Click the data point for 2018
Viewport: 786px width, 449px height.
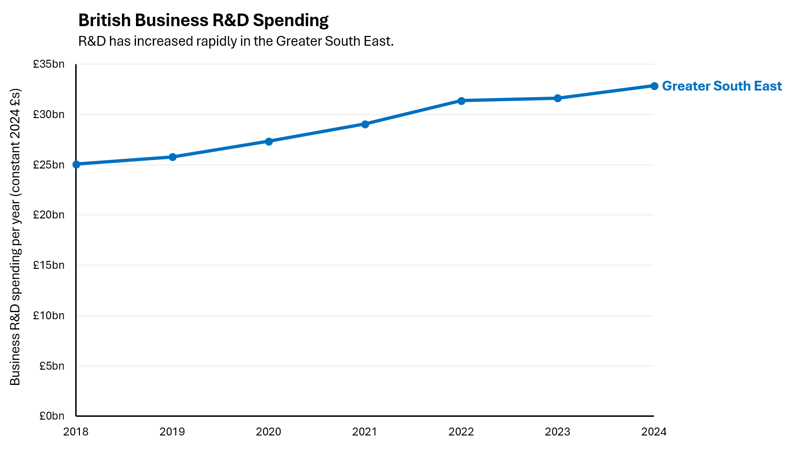(x=76, y=164)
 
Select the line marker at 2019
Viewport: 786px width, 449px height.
(x=172, y=157)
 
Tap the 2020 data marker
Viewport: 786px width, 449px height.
(x=269, y=141)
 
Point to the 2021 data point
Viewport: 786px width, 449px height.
(x=365, y=124)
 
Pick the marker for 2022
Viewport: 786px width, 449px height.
(x=461, y=101)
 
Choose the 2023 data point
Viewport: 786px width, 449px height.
(x=557, y=98)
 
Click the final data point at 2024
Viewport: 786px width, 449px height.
(x=654, y=86)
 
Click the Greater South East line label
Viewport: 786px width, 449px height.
(x=722, y=86)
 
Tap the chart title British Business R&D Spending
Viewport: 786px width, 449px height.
(x=203, y=21)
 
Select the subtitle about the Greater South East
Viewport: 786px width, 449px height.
(x=236, y=42)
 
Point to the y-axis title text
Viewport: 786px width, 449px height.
(x=15, y=237)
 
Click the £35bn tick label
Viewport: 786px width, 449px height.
(x=49, y=64)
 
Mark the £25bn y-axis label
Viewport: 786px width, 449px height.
(x=49, y=165)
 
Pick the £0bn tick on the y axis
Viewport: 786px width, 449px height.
(x=51, y=416)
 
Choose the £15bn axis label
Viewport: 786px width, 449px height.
(x=49, y=265)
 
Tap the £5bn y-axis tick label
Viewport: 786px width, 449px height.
(x=51, y=366)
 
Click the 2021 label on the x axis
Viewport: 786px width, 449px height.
(x=364, y=432)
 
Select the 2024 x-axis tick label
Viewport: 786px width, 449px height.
(x=654, y=432)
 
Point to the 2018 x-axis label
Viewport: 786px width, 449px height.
(x=76, y=432)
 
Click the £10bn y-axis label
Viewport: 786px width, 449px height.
(x=49, y=316)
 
